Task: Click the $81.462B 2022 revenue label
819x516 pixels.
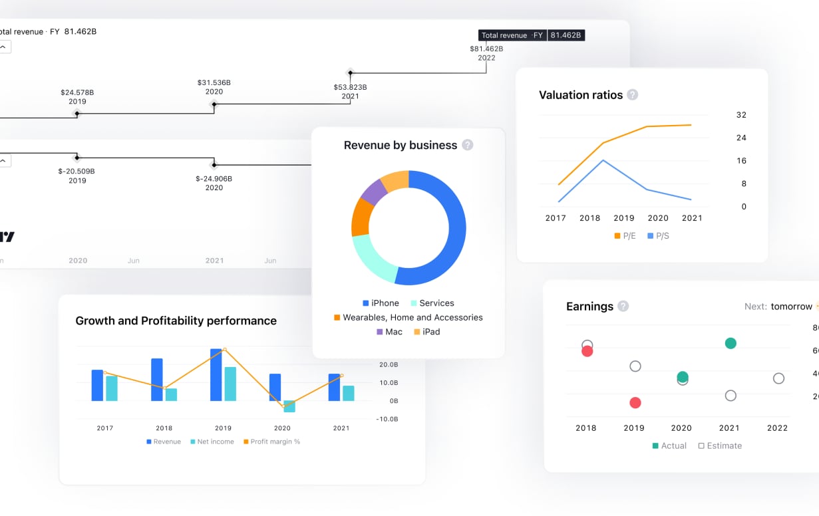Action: pos(486,53)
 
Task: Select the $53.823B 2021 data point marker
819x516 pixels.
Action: pos(350,72)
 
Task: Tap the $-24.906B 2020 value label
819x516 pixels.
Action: pos(214,183)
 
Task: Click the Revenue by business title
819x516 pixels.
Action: pos(400,145)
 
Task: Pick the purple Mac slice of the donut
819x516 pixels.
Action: pos(373,192)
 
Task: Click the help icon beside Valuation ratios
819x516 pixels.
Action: pos(633,95)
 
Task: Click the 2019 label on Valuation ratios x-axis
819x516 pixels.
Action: pos(624,218)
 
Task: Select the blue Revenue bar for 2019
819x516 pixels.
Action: pos(216,374)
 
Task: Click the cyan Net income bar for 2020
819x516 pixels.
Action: pos(289,406)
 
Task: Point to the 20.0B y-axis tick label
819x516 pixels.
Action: pos(389,365)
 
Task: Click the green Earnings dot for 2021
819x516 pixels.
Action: pos(731,343)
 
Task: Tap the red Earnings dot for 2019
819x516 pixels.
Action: pos(635,402)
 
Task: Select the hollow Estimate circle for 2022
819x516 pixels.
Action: pos(778,378)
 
